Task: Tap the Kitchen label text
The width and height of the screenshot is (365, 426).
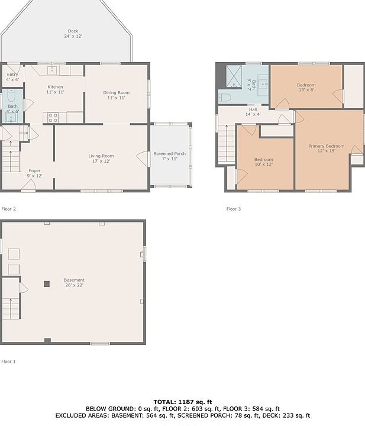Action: click(55, 86)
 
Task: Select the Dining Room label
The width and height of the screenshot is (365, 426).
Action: click(116, 92)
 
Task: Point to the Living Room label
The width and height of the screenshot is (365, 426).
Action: click(101, 156)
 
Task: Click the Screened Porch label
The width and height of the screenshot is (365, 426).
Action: click(170, 153)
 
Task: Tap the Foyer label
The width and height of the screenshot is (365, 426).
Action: click(34, 170)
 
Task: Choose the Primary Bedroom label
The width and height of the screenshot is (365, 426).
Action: click(326, 146)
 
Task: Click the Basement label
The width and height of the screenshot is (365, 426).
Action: click(74, 280)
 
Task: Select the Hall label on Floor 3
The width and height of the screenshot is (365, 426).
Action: click(253, 109)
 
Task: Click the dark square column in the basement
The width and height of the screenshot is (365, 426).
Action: click(47, 284)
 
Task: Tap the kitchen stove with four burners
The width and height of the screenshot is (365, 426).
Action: click(53, 118)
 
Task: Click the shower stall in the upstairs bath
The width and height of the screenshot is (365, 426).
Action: click(234, 76)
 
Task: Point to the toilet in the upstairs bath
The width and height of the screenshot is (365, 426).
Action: click(225, 98)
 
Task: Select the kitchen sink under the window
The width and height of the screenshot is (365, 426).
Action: click(52, 70)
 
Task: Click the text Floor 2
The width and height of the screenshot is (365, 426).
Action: click(9, 209)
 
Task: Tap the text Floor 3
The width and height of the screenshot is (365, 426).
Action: click(234, 209)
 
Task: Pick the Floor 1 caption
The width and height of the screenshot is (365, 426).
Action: click(8, 362)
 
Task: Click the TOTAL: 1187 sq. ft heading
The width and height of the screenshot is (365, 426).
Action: click(183, 402)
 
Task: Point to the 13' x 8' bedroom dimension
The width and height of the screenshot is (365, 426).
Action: click(306, 90)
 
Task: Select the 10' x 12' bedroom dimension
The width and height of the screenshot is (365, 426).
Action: click(263, 164)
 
